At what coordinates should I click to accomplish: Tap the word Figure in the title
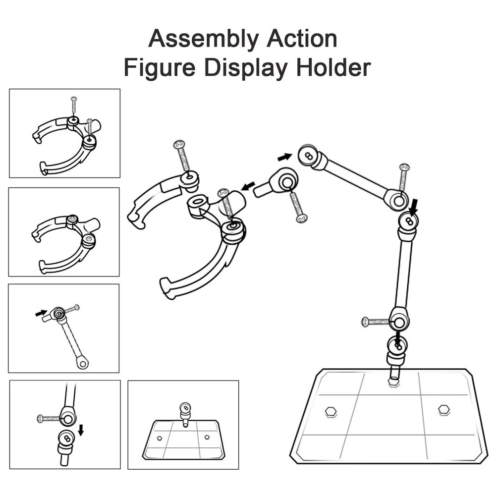click(x=160, y=68)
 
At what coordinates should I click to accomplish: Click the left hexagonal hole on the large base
click(x=331, y=412)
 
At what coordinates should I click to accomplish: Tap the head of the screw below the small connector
click(x=301, y=218)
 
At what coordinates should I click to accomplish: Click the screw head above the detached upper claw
click(x=179, y=145)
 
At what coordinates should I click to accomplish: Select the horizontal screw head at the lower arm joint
click(x=365, y=322)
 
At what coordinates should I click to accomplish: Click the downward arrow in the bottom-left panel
click(x=81, y=430)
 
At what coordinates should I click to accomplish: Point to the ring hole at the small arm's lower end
click(x=83, y=364)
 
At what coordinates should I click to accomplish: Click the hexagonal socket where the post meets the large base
click(x=393, y=382)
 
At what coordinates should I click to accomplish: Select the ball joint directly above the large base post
click(x=397, y=345)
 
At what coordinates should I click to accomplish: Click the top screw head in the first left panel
click(x=74, y=99)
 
